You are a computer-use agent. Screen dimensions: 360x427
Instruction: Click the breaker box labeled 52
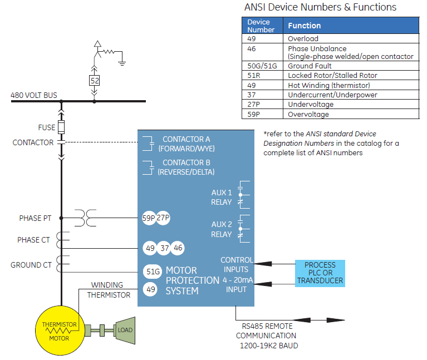(x=95, y=81)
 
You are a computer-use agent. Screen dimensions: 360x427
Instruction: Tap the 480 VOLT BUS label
(x=34, y=95)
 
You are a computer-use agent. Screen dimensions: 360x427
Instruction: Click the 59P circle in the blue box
(x=149, y=219)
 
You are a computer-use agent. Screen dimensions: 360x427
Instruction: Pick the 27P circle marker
(x=163, y=219)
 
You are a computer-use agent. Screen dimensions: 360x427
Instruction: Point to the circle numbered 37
(x=164, y=248)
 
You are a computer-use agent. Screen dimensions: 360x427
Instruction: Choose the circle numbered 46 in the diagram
(x=178, y=248)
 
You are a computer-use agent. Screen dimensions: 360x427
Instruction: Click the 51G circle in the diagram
(x=152, y=271)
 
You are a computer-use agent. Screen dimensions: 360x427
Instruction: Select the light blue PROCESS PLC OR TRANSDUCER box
(x=320, y=273)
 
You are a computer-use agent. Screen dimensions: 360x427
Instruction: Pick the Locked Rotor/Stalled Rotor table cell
(x=332, y=75)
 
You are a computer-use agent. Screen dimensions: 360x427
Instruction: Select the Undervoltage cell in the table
(x=311, y=105)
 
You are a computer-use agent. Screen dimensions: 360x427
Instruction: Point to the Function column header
(x=305, y=26)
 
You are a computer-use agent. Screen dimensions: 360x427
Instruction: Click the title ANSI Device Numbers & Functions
(x=320, y=7)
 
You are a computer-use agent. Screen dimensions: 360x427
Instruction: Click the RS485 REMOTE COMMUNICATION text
(x=266, y=331)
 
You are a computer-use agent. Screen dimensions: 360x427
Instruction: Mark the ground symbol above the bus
(x=122, y=61)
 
